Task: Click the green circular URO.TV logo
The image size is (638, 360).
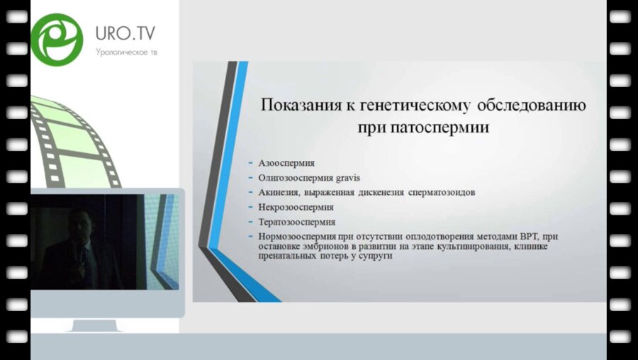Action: click(57, 39)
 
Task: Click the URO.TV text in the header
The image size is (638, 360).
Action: click(125, 33)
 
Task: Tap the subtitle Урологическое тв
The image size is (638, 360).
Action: click(125, 52)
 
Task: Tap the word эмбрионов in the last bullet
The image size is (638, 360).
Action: click(313, 247)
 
